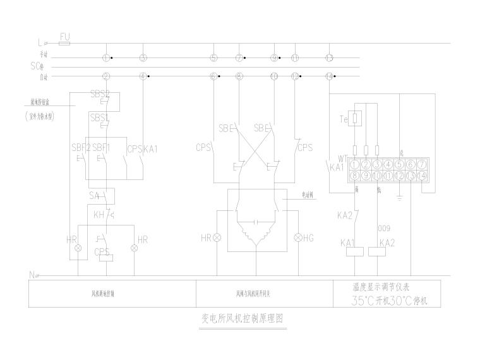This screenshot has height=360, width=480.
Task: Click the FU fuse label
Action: pyautogui.click(x=64, y=37)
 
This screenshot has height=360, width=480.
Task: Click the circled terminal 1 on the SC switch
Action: pyautogui.click(x=106, y=58)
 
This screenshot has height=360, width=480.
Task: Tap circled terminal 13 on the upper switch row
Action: pyautogui.click(x=329, y=58)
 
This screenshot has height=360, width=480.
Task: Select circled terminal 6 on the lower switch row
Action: pyautogui.click(x=213, y=76)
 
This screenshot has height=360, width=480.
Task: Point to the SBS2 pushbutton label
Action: pyautogui.click(x=100, y=94)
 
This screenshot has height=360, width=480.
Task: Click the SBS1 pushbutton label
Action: pyautogui.click(x=99, y=117)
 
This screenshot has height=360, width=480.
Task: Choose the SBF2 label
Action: pyautogui.click(x=81, y=148)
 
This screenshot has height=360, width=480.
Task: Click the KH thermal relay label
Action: pyautogui.click(x=98, y=215)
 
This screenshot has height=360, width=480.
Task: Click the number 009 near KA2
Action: pyautogui.click(x=383, y=228)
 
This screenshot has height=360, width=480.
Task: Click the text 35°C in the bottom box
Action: pyautogui.click(x=368, y=301)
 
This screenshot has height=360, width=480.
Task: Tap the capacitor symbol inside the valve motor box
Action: pyautogui.click(x=255, y=222)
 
